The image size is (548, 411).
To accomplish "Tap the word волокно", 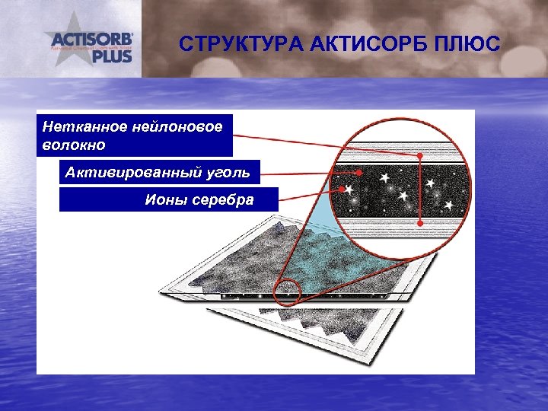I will coord(75,144).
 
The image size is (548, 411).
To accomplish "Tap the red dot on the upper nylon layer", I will coord(419,157).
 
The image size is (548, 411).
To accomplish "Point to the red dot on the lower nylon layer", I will coord(419,222).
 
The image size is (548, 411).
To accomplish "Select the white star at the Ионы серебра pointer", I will coord(349,188).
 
